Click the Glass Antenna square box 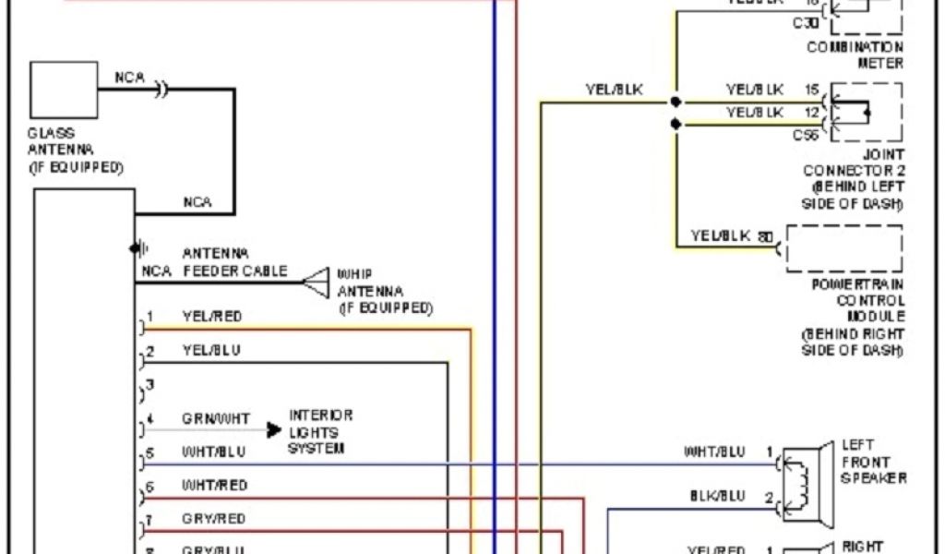click(x=64, y=90)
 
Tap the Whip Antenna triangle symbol click(x=317, y=283)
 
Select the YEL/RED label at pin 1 click(x=212, y=317)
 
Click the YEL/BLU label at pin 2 click(x=212, y=351)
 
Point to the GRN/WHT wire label click(x=216, y=419)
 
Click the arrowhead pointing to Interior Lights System click(x=273, y=430)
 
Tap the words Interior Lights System click(x=320, y=432)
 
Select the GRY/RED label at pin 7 click(x=214, y=519)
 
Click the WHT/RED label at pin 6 click(x=214, y=485)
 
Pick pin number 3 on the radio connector click(x=150, y=385)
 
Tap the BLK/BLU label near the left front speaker click(x=717, y=496)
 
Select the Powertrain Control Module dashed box click(x=843, y=247)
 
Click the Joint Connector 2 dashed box click(x=867, y=112)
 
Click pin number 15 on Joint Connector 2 click(x=811, y=90)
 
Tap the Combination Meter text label click(x=855, y=54)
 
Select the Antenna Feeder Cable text click(x=234, y=262)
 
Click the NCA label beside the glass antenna click(x=129, y=78)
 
